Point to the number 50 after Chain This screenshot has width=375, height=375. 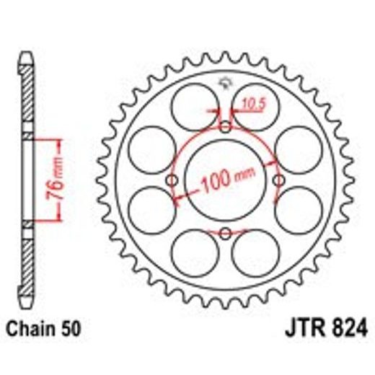pos(72,334)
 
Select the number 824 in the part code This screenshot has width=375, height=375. pos(344,334)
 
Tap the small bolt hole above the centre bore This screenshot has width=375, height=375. pos(225,128)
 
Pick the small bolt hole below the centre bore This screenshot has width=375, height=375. pos(225,232)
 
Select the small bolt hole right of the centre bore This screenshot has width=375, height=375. pos(278,180)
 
